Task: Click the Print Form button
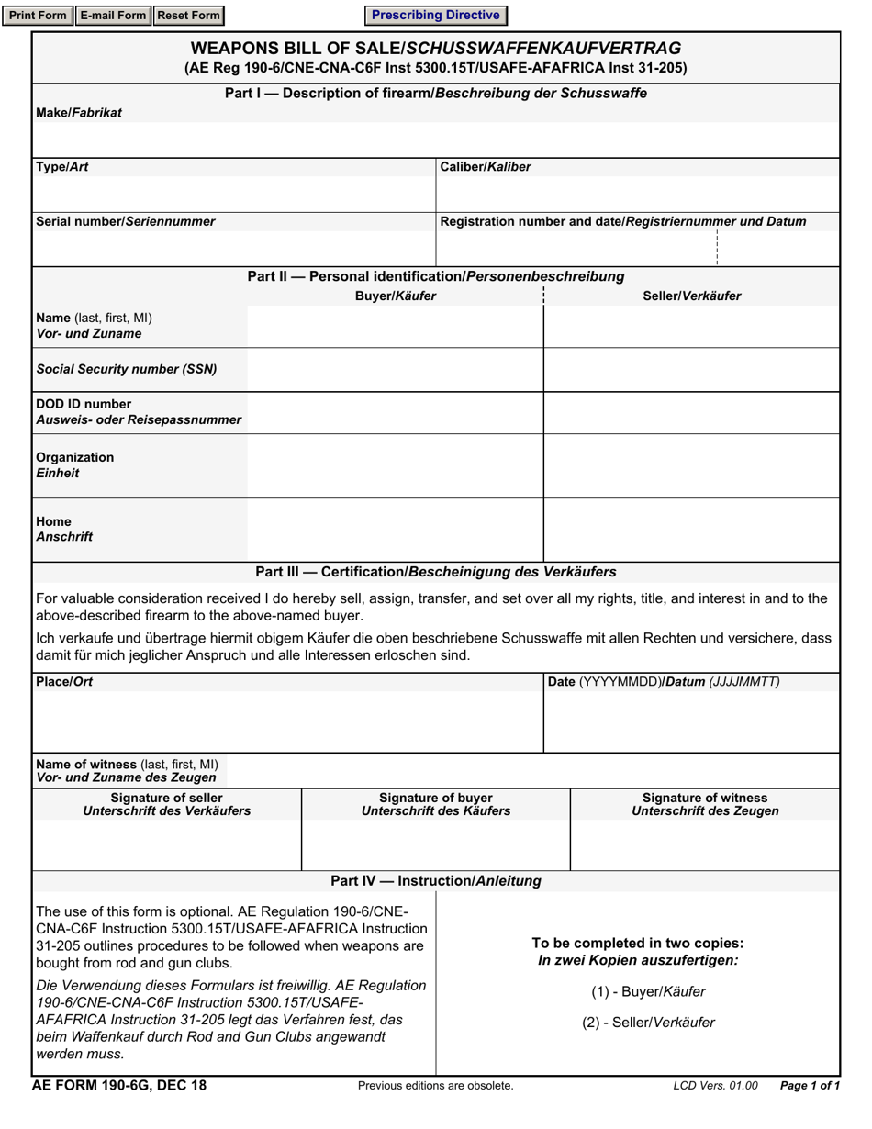point(38,16)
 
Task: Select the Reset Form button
point(188,16)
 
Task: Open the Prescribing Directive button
point(435,16)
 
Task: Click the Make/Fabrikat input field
point(436,140)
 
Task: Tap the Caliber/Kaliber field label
point(486,167)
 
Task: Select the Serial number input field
point(234,248)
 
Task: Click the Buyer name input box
point(395,326)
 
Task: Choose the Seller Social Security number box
point(692,370)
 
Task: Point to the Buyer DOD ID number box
point(395,412)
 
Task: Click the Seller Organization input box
point(692,465)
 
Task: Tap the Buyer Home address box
point(395,530)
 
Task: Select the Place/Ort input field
point(287,721)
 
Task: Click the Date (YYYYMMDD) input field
point(692,721)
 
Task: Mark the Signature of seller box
point(167,844)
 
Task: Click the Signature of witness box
point(705,844)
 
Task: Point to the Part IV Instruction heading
point(436,881)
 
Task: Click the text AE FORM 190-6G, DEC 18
point(119,1086)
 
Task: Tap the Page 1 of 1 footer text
point(810,1086)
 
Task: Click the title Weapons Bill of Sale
point(436,49)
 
